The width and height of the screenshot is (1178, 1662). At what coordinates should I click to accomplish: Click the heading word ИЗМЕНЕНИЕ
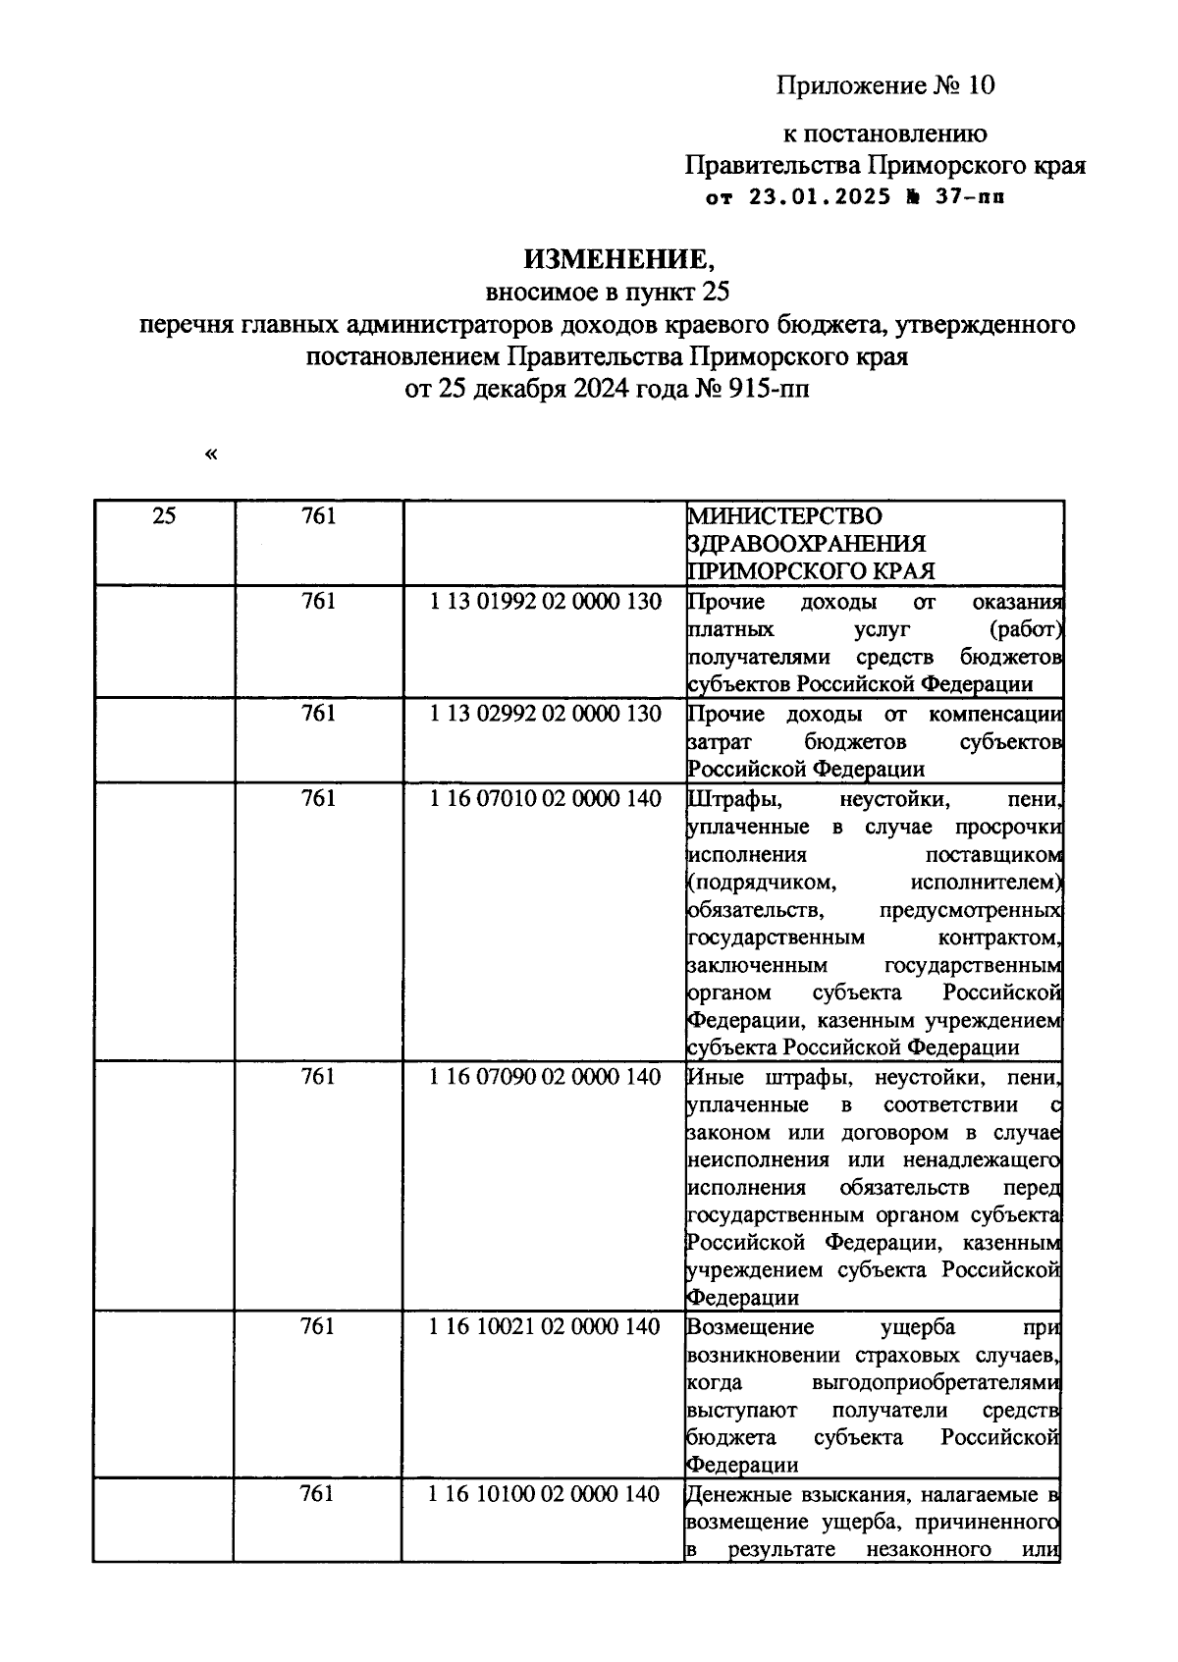613,258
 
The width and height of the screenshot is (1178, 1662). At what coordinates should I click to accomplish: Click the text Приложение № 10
886,86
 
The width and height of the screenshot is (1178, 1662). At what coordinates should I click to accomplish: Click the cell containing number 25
165,515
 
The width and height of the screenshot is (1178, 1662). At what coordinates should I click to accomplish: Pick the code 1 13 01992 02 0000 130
546,601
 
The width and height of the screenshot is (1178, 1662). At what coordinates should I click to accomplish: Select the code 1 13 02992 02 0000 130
546,714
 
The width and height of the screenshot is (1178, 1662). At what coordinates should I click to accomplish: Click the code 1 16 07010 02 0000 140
546,799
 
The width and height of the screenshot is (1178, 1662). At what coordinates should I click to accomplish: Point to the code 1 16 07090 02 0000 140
546,1077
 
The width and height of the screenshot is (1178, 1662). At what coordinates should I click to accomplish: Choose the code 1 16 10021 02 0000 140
546,1327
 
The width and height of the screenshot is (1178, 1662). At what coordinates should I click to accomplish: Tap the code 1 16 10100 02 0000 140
546,1494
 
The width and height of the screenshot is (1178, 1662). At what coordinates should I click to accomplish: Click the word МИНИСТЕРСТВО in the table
784,515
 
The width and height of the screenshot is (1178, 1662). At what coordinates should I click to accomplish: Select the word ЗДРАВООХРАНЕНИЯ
807,543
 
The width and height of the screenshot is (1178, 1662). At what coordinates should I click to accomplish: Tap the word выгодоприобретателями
937,1382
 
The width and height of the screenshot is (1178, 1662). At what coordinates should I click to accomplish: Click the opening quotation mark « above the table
211,454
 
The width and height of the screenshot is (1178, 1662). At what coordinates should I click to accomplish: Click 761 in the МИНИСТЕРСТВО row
319,515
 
